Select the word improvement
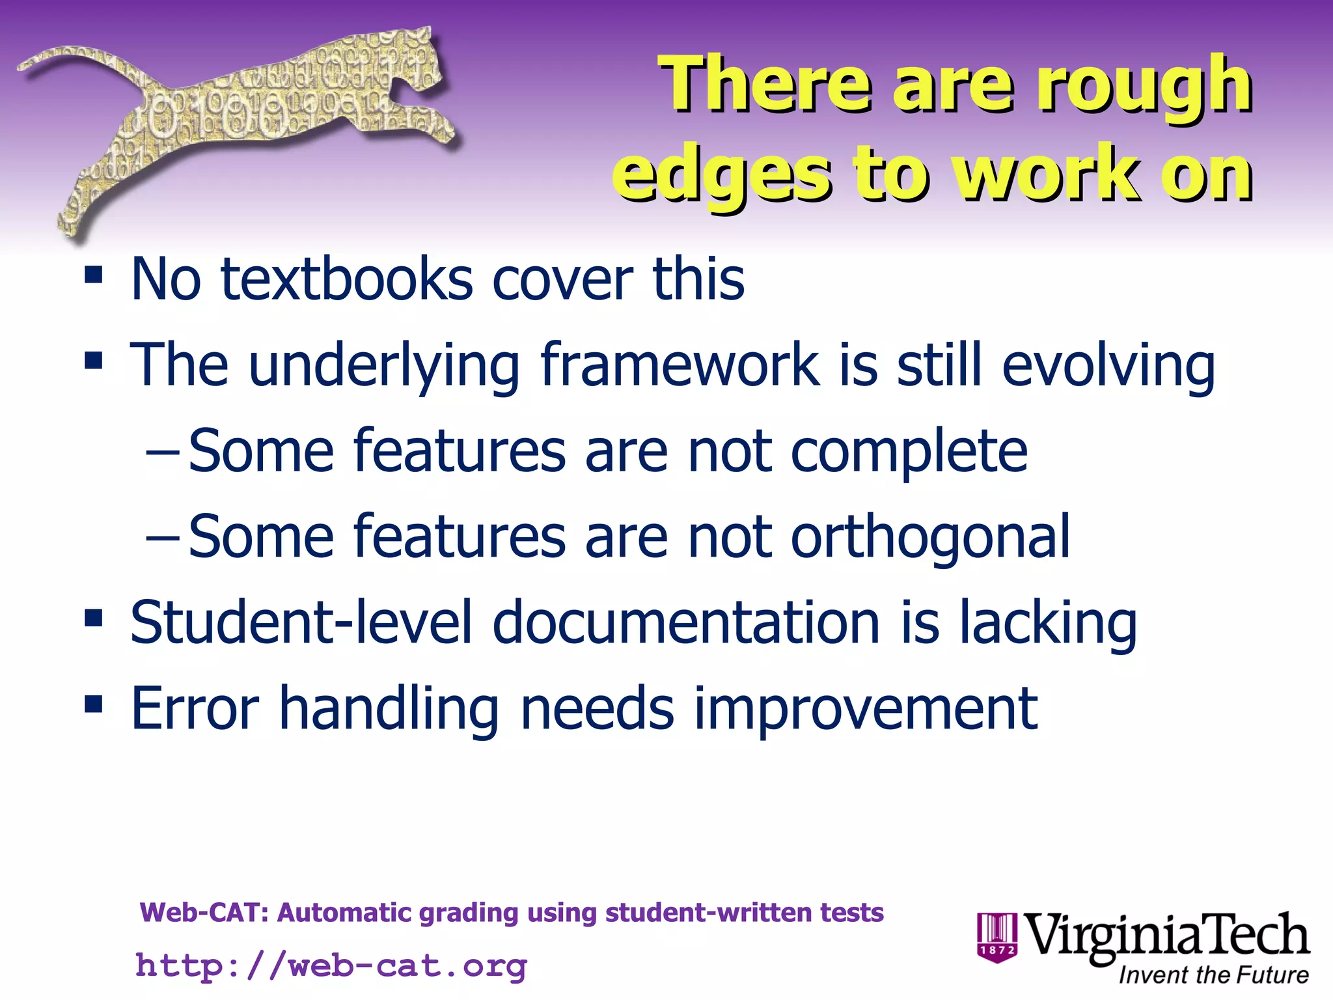(x=866, y=709)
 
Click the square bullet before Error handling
(x=94, y=704)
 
